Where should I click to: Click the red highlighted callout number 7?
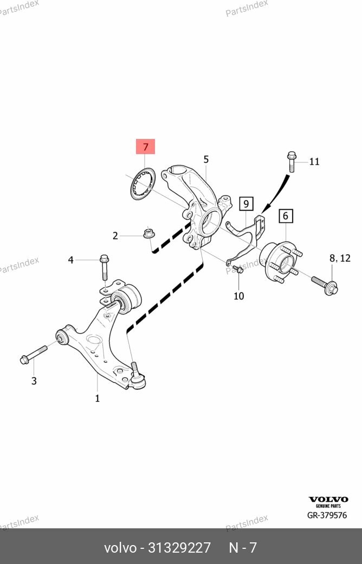tap(145, 147)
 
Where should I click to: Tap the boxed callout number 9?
tap(246, 204)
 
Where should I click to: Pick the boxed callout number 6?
tap(286, 216)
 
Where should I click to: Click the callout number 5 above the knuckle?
tap(206, 160)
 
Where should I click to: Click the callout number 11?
tap(314, 162)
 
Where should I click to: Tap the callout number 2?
tap(115, 236)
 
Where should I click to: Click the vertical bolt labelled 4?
tap(104, 267)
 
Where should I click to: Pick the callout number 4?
tap(70, 260)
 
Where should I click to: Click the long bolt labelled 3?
tap(34, 354)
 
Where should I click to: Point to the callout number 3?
tap(34, 381)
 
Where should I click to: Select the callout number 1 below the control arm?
tap(97, 399)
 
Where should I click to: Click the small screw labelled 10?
tap(238, 269)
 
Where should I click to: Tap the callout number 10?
tap(238, 296)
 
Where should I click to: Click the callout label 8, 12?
tap(340, 258)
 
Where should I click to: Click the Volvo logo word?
tap(328, 499)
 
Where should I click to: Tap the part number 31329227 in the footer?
tap(179, 547)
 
